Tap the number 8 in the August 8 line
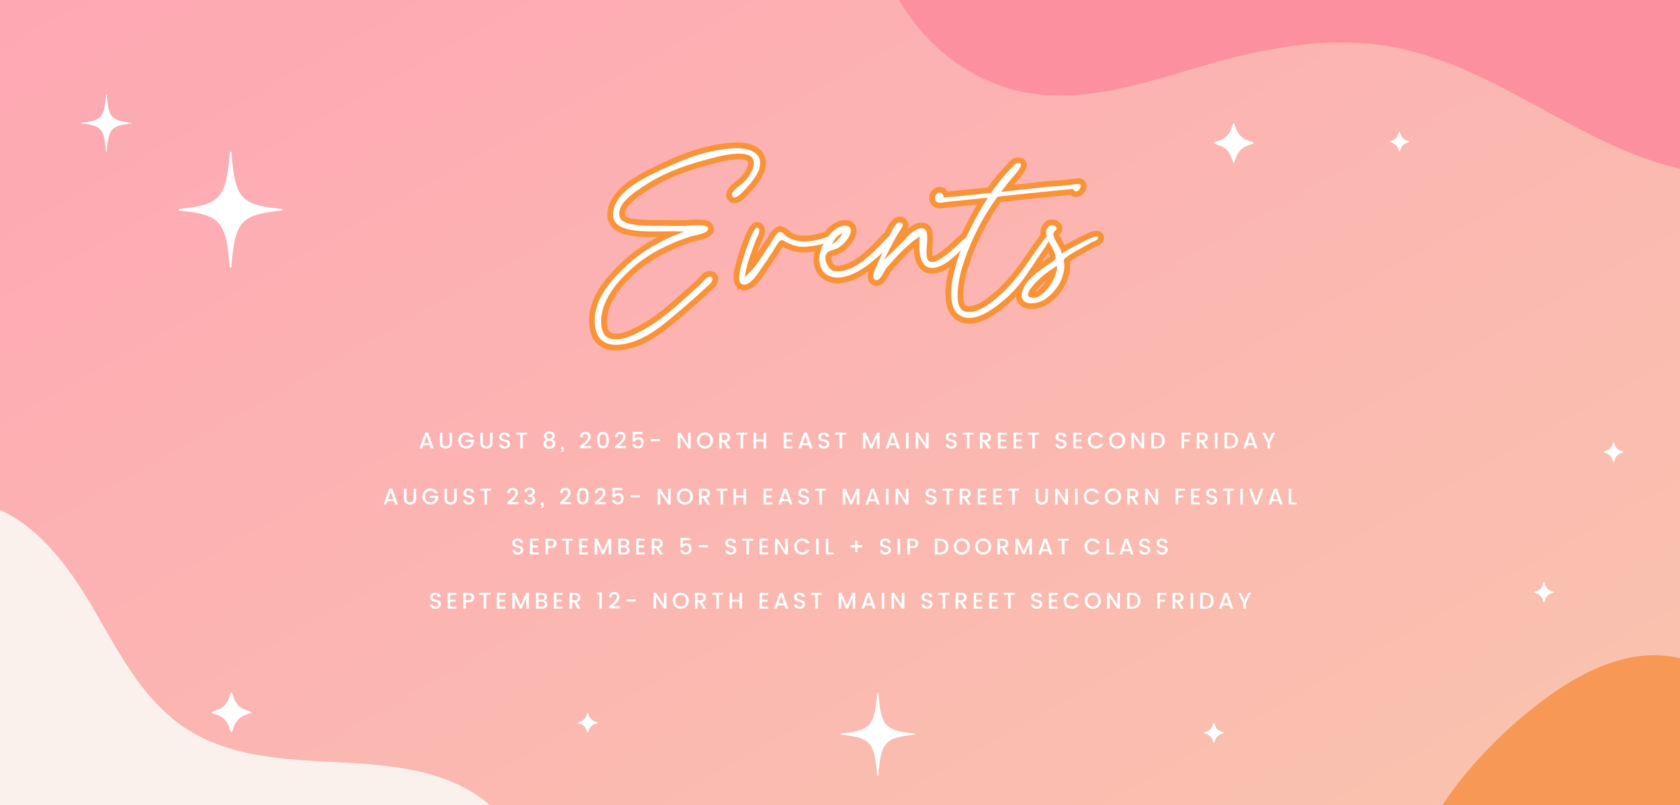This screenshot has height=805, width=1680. [x=550, y=441]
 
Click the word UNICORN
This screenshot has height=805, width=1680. [x=1098, y=497]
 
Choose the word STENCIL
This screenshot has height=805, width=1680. [x=780, y=547]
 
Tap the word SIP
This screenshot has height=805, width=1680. [x=899, y=547]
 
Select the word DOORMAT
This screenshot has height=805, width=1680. [x=1002, y=547]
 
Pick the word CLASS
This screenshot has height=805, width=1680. [x=1127, y=547]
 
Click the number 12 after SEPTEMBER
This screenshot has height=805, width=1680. [x=609, y=601]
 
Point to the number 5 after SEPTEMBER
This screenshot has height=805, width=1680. [x=686, y=547]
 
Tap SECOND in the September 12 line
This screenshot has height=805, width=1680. [x=1086, y=601]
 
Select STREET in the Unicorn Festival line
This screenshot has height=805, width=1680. [x=973, y=497]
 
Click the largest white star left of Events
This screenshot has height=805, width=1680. [x=230, y=209]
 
